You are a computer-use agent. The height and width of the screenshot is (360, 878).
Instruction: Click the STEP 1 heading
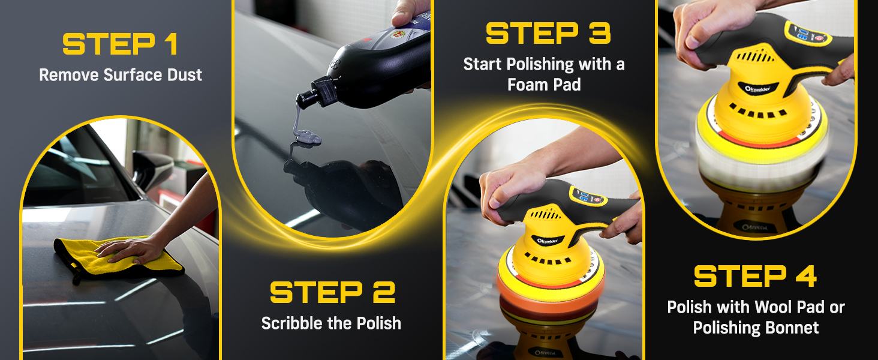click(x=121, y=44)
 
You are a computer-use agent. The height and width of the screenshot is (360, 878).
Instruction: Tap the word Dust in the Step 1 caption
click(x=185, y=75)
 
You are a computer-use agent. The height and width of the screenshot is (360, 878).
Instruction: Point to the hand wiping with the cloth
click(x=130, y=250)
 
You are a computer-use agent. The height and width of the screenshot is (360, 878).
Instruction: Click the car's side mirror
click(x=152, y=169)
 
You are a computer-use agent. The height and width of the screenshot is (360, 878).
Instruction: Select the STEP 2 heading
click(x=333, y=292)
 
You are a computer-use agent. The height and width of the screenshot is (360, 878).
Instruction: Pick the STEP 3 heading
click(x=548, y=33)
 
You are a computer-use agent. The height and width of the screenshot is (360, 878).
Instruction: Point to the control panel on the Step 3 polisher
click(x=588, y=197)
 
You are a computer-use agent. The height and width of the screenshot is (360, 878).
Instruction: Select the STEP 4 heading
click(x=755, y=277)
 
